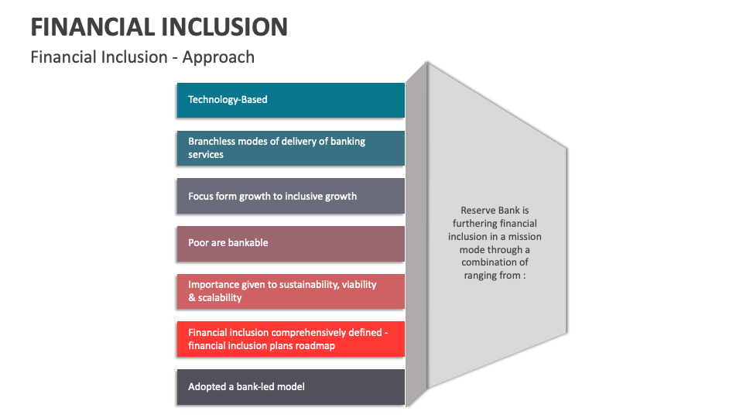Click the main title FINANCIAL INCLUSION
coord(159,26)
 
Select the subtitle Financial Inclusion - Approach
coord(142,57)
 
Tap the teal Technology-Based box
coord(290,100)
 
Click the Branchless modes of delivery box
coord(290,148)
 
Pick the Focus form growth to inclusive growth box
coord(290,196)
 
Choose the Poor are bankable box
coord(290,243)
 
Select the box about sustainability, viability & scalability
coord(290,291)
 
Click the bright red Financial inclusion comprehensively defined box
coord(290,339)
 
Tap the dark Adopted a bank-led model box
coord(290,387)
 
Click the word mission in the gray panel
coord(524,237)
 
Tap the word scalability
coord(220,298)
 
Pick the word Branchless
coord(211,142)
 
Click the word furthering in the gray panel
coord(471,224)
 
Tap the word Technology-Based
coord(228,100)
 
